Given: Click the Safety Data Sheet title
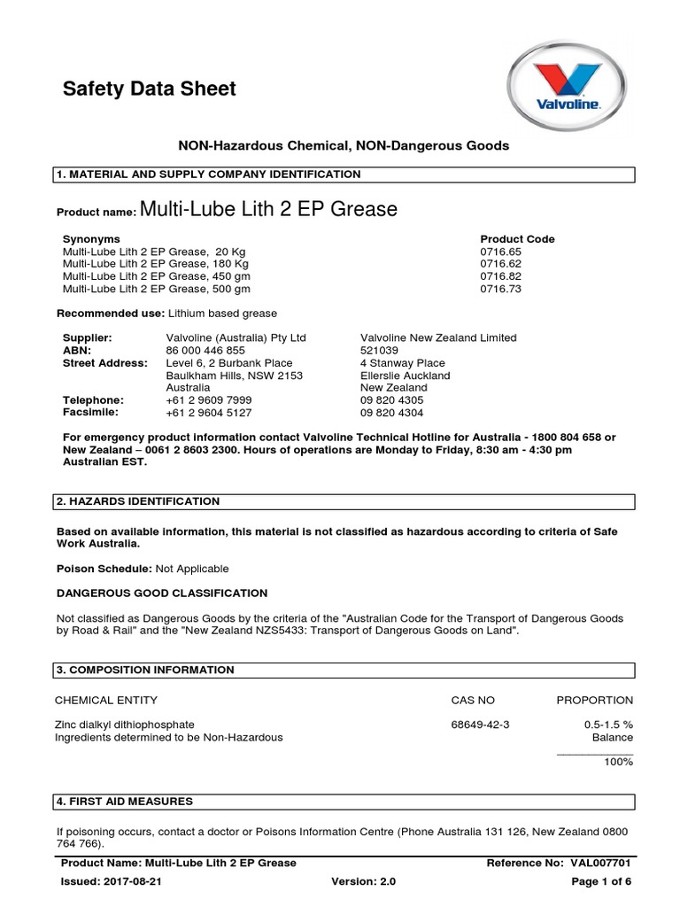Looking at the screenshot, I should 149,89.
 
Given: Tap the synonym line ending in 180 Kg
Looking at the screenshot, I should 156,264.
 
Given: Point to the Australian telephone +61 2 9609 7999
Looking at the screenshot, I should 208,400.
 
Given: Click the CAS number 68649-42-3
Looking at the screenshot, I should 480,725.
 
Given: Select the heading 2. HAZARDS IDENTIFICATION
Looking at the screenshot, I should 137,501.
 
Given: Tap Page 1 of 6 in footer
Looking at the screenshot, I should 601,882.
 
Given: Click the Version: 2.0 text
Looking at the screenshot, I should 363,882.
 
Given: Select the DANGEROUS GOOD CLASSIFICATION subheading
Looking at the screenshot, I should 161,593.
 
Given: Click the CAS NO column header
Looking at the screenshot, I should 473,700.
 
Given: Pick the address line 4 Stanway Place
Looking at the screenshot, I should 403,363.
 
